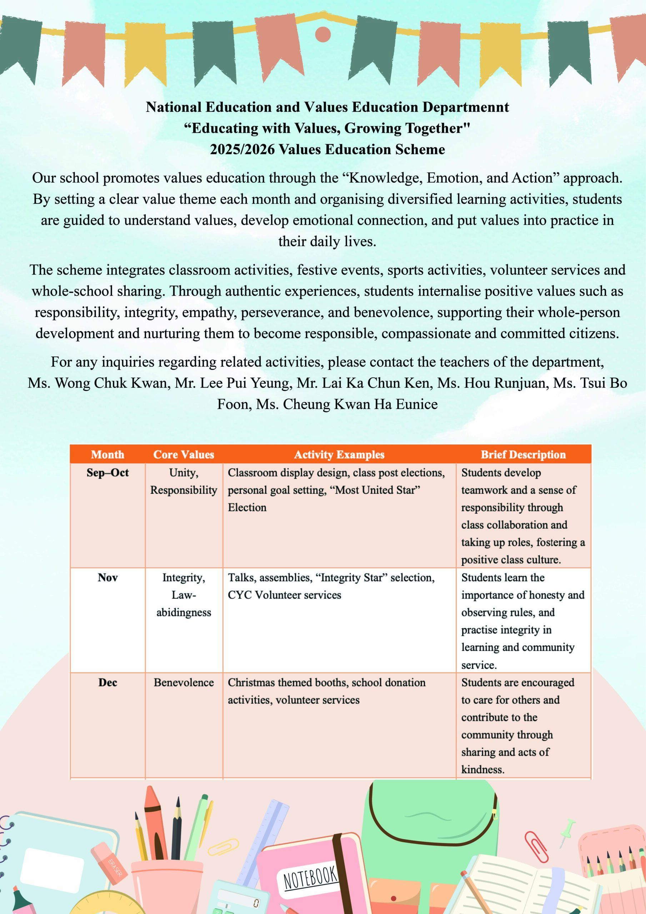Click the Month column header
tap(107, 455)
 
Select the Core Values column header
tap(184, 455)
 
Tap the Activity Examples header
tap(339, 455)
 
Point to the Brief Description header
tap(523, 455)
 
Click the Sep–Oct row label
tap(107, 472)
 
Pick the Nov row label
tap(107, 578)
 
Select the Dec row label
tap(107, 682)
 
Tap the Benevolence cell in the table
tap(184, 682)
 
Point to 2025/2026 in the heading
tap(242, 149)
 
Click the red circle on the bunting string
tap(322, 34)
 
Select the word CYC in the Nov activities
tap(240, 595)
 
